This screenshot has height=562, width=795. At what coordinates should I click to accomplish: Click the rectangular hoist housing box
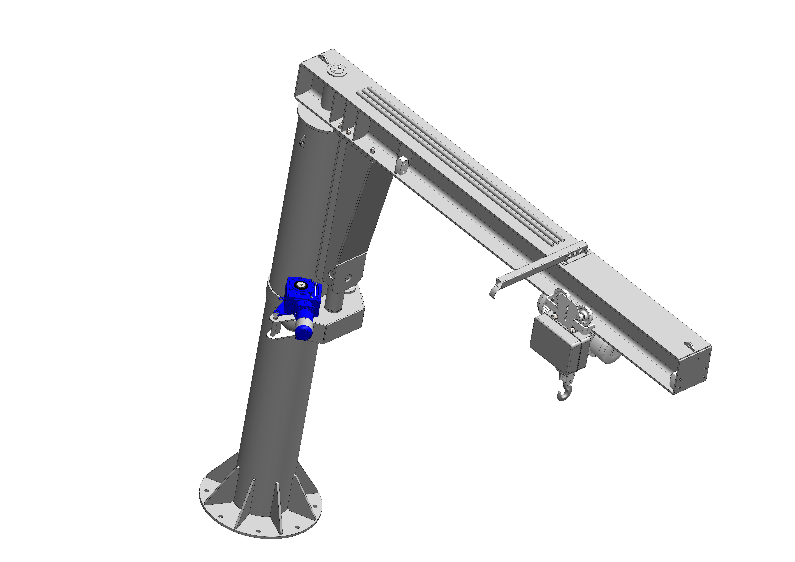click(x=554, y=343)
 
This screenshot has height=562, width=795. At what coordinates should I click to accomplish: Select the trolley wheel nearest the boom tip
click(x=585, y=317)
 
